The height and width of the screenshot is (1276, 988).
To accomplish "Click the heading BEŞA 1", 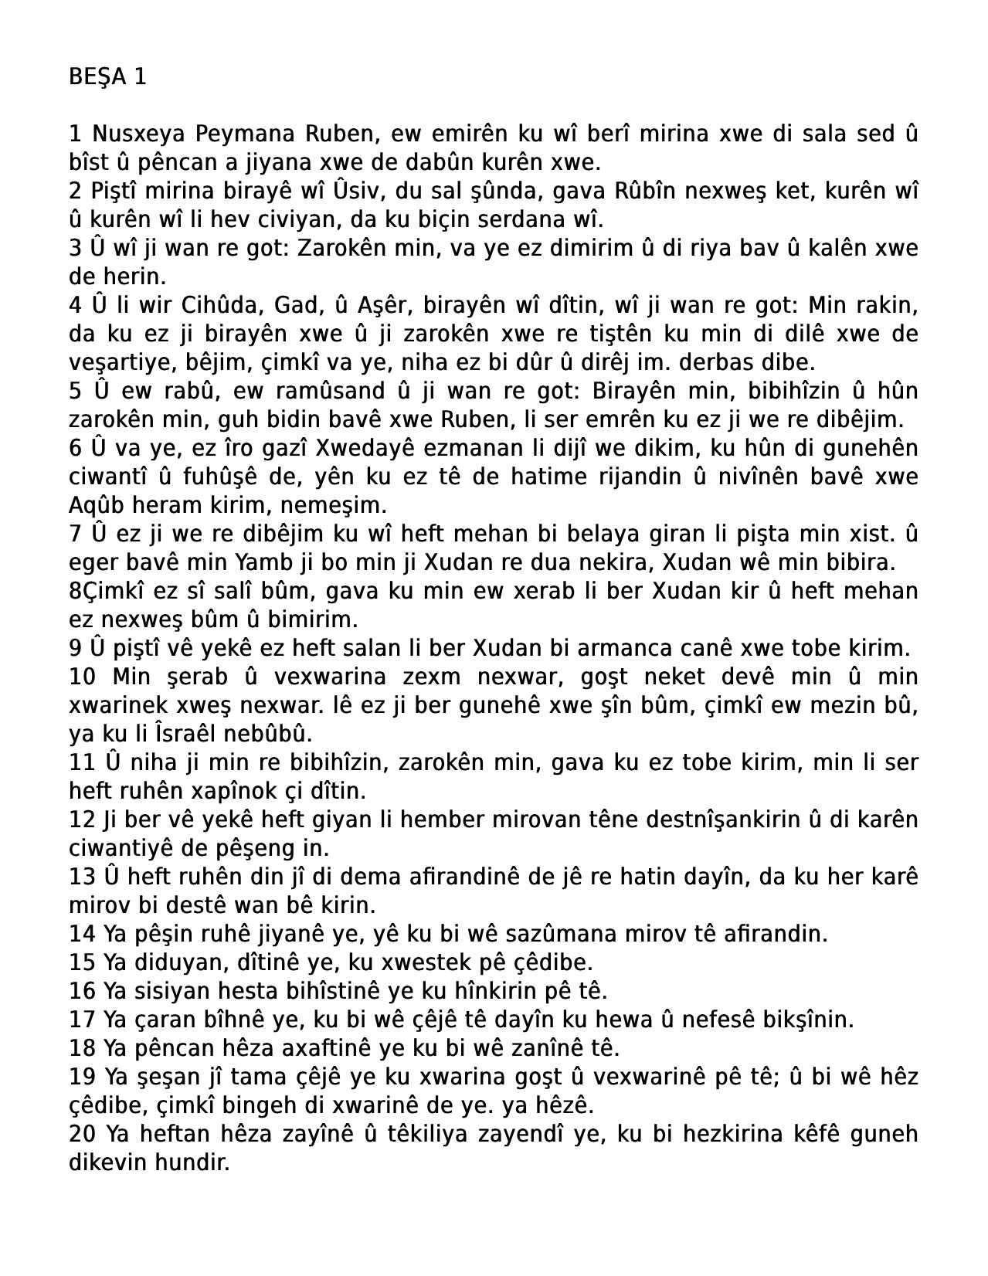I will pyautogui.click(x=107, y=77).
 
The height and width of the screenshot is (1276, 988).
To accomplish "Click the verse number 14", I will pyautogui.click(x=82, y=935).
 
